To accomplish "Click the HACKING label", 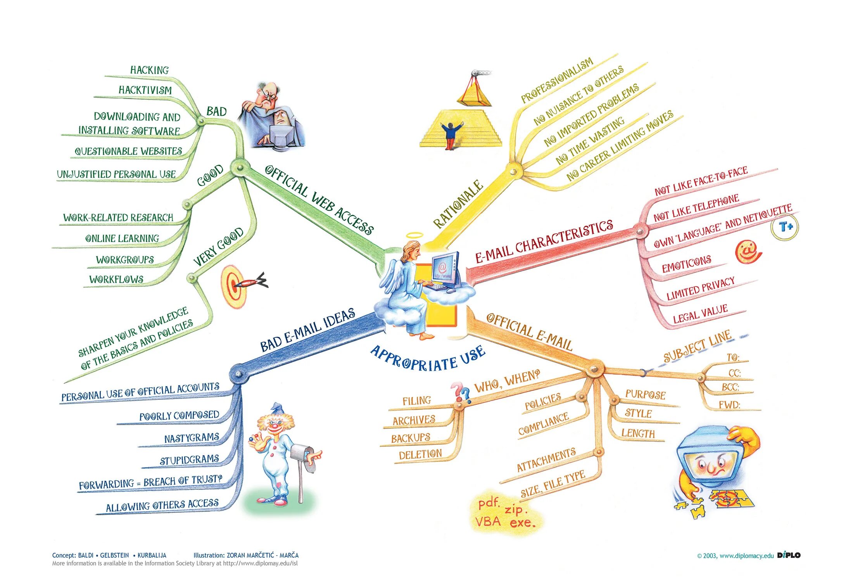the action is [x=149, y=70].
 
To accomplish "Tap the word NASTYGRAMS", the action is [x=192, y=438].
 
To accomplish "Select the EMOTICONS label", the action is [x=686, y=264].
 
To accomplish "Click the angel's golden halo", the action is [x=414, y=235].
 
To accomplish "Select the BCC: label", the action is [x=730, y=387].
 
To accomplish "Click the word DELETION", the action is [x=420, y=454].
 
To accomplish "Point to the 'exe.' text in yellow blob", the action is [x=522, y=523].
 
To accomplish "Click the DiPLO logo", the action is [x=789, y=555].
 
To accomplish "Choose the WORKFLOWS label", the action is [x=116, y=279].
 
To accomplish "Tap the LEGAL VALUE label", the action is [x=700, y=314].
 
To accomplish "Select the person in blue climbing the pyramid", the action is [x=451, y=135].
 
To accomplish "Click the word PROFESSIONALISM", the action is [x=557, y=80].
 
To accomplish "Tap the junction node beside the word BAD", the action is [x=201, y=121].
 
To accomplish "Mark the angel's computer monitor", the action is [x=445, y=267].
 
